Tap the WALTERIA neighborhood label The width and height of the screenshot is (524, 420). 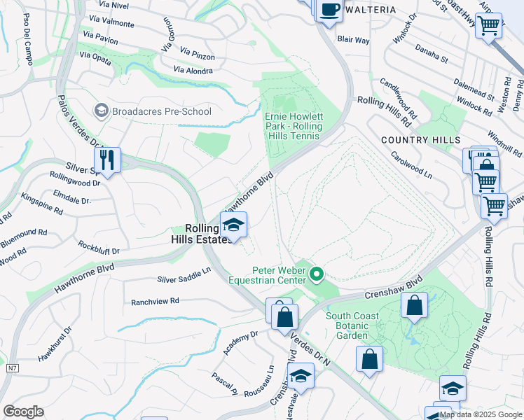coord(371,10)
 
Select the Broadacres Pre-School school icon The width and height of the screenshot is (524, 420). coord(102,111)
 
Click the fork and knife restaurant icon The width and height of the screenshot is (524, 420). coord(107,160)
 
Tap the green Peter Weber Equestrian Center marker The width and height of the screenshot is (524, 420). coord(317,274)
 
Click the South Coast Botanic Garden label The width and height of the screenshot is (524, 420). coord(352,325)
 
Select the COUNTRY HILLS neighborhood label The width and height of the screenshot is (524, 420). coord(420,141)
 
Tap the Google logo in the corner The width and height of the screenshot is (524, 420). coord(23,412)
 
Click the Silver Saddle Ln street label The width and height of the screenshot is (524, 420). coord(184,274)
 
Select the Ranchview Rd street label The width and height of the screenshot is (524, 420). coord(155,302)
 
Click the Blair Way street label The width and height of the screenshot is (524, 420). coord(353,41)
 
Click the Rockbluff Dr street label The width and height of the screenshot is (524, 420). coord(99,247)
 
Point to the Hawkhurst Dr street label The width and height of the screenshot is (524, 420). coord(55,344)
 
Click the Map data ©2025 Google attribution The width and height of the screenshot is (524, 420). coord(479,414)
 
